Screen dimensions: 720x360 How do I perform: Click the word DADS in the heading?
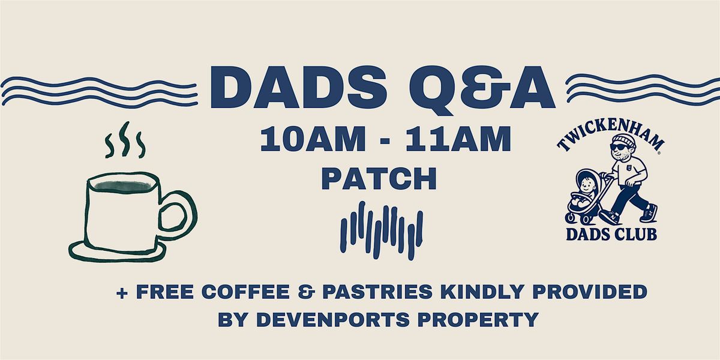(x=299, y=87)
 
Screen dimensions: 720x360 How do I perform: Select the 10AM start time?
(x=313, y=139)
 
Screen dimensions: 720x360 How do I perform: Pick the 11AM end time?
(x=458, y=139)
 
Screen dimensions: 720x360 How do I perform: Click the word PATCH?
(x=379, y=178)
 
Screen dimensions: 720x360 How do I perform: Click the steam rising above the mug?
(x=125, y=140)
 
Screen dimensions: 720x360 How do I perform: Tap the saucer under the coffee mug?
(x=117, y=253)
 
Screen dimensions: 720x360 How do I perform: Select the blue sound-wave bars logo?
(x=382, y=231)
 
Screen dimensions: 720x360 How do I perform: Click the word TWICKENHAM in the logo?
(x=610, y=133)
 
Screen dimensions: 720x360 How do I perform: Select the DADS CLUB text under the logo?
(x=611, y=235)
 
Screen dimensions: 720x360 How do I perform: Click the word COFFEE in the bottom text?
(x=246, y=292)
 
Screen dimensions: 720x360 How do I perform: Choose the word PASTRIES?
(x=377, y=292)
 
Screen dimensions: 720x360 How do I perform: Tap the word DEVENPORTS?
(x=332, y=319)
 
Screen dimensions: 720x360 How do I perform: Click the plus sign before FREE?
(x=122, y=293)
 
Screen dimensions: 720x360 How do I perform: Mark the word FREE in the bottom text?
(x=164, y=292)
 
